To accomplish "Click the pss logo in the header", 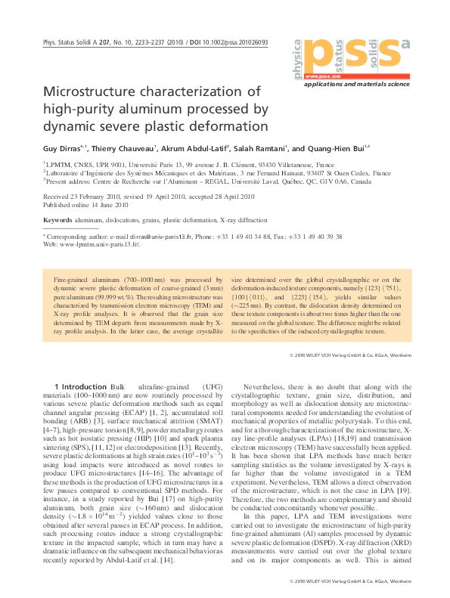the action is pos(352,55).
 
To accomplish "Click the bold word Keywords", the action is pos(57,219).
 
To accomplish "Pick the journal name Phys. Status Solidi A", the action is pos(71,43).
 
